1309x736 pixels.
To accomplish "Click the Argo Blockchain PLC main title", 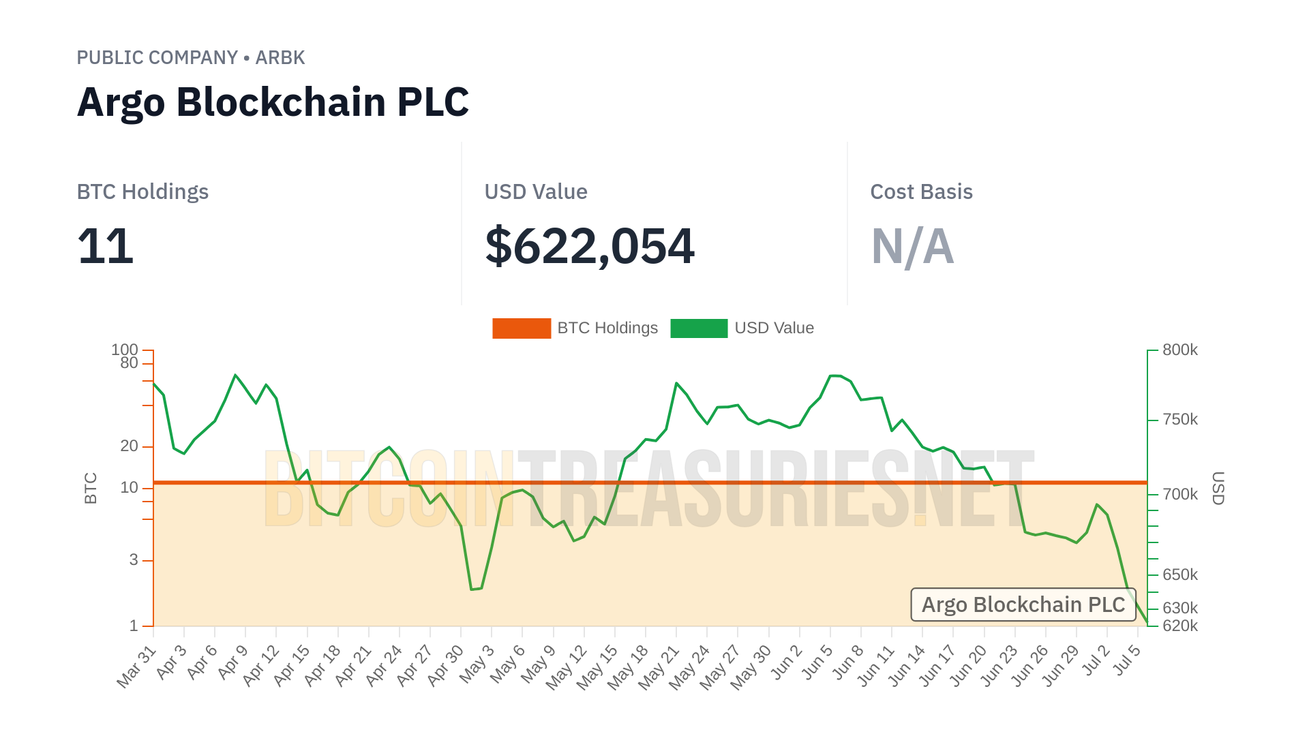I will [273, 102].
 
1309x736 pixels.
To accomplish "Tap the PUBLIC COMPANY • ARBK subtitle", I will [190, 58].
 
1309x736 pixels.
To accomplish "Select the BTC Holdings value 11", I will [105, 246].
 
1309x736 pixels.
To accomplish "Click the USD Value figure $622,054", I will [589, 246].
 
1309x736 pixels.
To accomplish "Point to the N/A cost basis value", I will [912, 246].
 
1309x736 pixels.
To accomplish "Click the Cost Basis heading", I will [921, 192].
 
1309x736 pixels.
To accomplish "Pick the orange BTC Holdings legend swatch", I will [522, 328].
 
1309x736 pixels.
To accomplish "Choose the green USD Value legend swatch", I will [699, 328].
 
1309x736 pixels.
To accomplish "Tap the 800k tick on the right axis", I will [1179, 350].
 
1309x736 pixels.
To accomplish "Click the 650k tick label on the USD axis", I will [1179, 575].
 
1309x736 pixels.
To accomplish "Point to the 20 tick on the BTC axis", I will [129, 446].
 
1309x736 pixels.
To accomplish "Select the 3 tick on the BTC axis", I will [134, 560].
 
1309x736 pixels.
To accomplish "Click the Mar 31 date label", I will [137, 667].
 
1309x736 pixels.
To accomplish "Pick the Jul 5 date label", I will [1126, 661].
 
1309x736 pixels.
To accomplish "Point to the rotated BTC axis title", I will [91, 488].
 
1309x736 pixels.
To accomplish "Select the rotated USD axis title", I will [1218, 488].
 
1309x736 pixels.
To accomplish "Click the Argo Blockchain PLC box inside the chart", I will [1023, 605].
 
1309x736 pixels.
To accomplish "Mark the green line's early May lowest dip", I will [472, 589].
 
